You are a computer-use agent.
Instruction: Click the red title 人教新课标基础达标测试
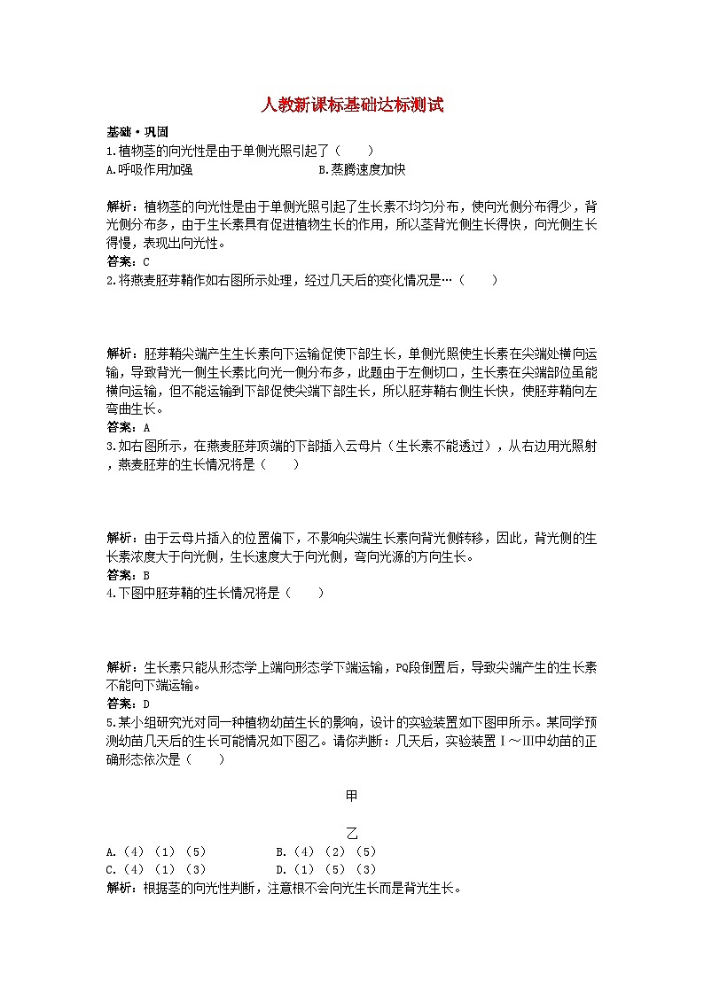tap(352, 105)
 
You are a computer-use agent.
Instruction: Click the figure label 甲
tap(351, 796)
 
